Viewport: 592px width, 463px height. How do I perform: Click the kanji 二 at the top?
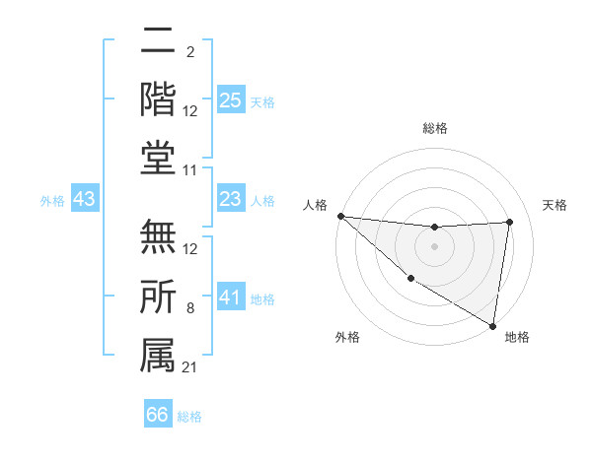click(x=158, y=42)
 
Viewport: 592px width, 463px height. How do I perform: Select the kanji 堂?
click(x=158, y=158)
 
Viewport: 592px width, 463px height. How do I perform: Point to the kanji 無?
click(x=158, y=237)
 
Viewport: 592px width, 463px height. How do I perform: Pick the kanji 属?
click(x=158, y=354)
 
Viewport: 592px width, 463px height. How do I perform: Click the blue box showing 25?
click(x=231, y=100)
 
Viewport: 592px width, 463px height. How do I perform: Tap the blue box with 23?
click(x=231, y=200)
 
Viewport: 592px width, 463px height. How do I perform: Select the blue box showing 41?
click(x=231, y=298)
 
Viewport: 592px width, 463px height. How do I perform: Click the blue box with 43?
click(x=84, y=200)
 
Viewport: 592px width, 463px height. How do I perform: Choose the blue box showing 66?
click(x=158, y=415)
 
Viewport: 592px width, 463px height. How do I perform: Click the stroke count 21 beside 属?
click(x=190, y=367)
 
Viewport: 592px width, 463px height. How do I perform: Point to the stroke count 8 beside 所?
click(x=190, y=309)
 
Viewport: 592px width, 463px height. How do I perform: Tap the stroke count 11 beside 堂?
click(x=190, y=171)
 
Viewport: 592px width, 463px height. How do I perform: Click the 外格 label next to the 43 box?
click(x=52, y=201)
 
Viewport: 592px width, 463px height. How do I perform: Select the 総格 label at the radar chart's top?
click(x=434, y=128)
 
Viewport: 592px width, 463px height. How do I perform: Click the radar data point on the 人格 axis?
click(x=340, y=216)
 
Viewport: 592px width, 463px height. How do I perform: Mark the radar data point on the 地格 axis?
click(x=492, y=325)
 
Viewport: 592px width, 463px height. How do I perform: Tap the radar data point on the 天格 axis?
click(x=510, y=222)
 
